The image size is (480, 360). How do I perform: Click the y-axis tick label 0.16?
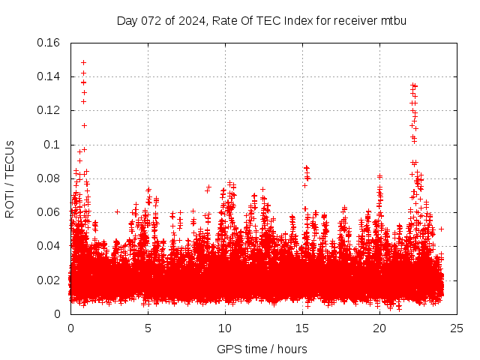point(49,43)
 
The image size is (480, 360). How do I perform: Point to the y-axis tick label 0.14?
point(49,76)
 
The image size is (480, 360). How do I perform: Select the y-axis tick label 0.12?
point(49,110)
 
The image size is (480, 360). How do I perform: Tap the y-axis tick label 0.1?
point(54,144)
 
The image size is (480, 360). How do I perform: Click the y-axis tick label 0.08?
point(49,178)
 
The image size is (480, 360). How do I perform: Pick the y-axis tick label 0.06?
point(49,212)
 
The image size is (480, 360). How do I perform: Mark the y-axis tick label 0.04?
point(49,246)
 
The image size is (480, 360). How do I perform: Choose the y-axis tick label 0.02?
point(49,280)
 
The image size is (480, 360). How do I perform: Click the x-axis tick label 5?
point(148,328)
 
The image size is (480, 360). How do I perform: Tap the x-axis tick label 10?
point(225,328)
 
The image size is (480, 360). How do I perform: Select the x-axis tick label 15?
point(302,328)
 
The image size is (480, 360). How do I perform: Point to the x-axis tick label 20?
point(379,328)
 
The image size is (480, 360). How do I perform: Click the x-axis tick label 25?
point(457,328)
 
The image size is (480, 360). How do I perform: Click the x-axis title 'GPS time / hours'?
point(262,349)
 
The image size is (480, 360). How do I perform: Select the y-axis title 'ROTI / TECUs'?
point(10,178)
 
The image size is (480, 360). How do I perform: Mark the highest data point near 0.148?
point(83,62)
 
